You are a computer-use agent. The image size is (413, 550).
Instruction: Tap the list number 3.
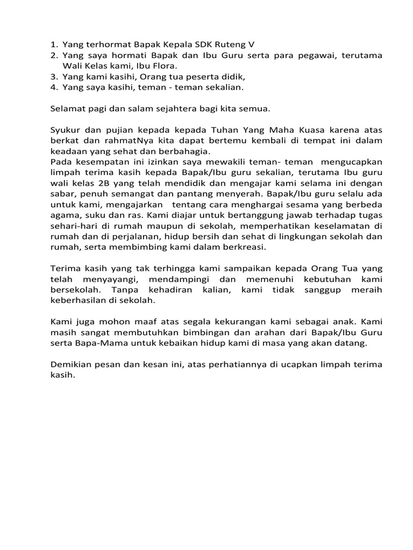click(x=53, y=76)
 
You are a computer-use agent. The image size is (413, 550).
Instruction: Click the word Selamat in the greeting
click(x=69, y=108)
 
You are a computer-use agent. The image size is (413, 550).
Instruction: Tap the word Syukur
click(x=66, y=130)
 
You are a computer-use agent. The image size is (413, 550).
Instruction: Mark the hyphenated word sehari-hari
click(x=76, y=226)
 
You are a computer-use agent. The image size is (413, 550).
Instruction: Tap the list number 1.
click(x=53, y=45)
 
